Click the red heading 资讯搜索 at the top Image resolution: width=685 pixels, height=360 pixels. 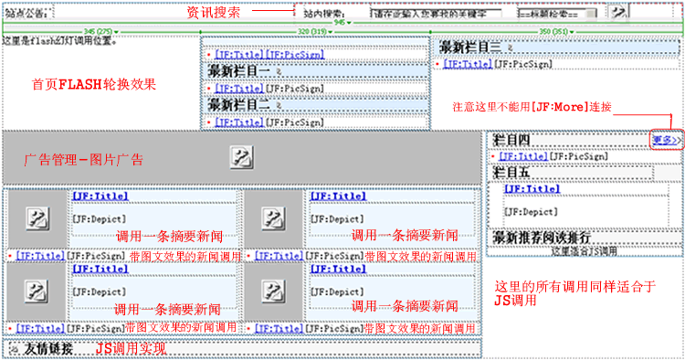[214, 12]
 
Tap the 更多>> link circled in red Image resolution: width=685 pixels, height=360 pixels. [665, 140]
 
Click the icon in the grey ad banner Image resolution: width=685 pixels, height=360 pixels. [241, 156]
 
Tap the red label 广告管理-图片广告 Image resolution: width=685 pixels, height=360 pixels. [83, 160]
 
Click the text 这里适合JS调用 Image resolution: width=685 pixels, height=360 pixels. [584, 250]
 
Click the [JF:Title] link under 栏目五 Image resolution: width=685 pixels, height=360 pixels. [532, 188]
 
